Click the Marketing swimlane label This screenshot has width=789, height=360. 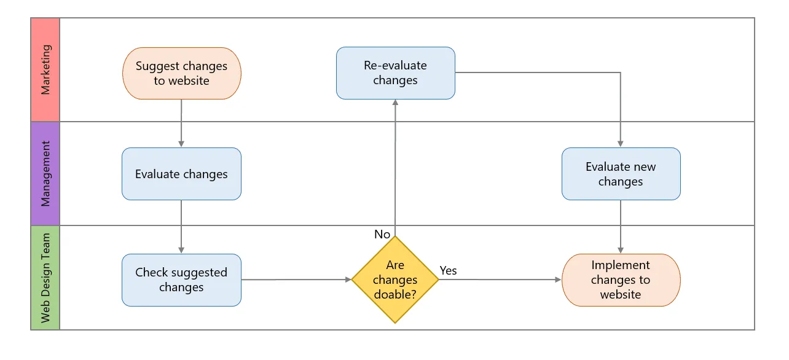click(45, 69)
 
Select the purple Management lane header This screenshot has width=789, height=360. click(45, 173)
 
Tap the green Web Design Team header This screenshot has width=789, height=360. click(45, 278)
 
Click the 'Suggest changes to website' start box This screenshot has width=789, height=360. click(181, 73)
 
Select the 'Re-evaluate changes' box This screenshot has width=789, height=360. click(395, 72)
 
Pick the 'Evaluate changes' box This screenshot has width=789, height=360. click(181, 174)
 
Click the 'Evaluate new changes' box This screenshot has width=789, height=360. click(621, 174)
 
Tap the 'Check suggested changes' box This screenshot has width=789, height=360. click(181, 280)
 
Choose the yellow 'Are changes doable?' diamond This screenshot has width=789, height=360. click(395, 280)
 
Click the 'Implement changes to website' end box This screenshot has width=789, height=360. click(621, 280)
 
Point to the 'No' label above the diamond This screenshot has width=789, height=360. click(382, 234)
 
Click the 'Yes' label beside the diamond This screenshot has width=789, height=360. click(448, 270)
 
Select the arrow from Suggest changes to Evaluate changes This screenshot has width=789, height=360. click(181, 123)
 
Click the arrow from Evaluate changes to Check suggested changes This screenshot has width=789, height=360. click(181, 227)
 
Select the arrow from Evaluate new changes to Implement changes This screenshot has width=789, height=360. click(621, 227)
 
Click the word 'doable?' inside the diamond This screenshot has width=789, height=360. click(395, 294)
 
